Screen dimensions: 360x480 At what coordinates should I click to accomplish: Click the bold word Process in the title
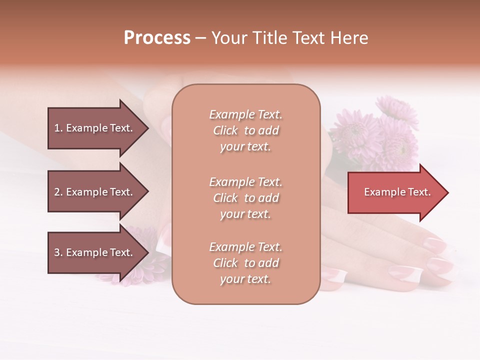click(157, 38)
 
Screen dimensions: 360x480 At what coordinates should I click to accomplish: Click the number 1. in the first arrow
click(58, 128)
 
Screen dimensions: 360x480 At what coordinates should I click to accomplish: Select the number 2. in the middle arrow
click(58, 192)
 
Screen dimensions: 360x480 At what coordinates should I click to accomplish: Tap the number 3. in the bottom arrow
click(58, 252)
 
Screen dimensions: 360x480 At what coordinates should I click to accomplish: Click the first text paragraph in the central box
click(245, 130)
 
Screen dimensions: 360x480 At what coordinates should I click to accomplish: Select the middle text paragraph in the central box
click(245, 198)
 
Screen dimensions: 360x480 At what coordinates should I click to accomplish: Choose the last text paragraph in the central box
click(245, 263)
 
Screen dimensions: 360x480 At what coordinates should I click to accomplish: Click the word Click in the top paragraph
click(225, 130)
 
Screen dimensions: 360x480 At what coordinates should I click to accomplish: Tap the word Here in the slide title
click(350, 38)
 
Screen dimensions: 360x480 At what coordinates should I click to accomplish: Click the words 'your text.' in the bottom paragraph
click(245, 279)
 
